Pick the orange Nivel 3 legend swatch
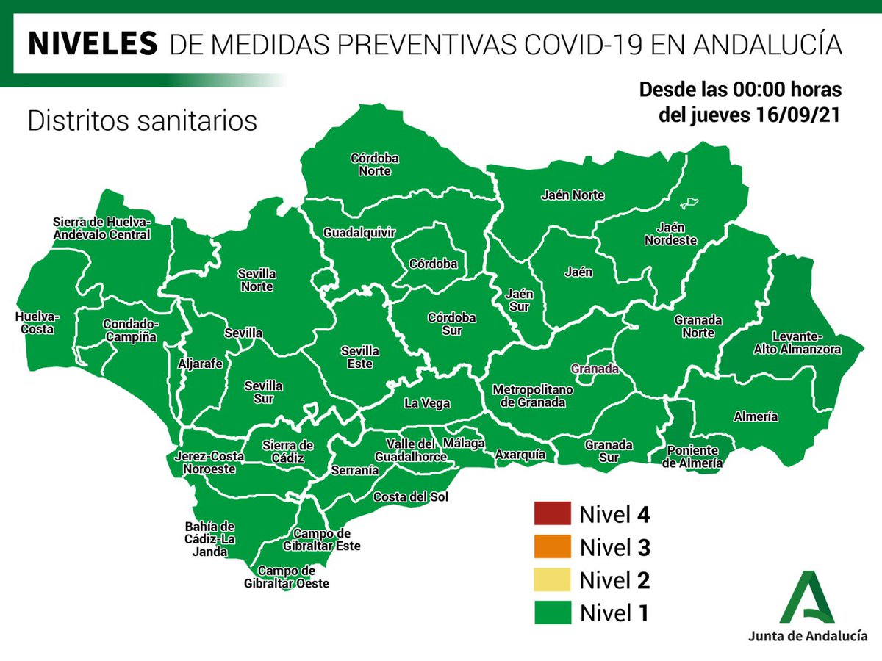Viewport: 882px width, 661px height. [552, 546]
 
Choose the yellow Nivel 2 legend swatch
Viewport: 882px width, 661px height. [552, 579]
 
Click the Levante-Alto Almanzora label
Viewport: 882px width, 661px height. [796, 343]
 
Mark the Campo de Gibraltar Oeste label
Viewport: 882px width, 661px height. [287, 577]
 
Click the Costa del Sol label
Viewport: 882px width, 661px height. [410, 497]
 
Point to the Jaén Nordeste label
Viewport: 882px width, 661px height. [670, 234]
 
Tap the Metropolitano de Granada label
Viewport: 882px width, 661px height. [528, 395]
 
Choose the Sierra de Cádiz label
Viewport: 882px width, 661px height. [288, 452]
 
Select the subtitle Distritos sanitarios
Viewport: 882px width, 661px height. [142, 120]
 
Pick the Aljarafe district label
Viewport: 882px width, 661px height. [200, 363]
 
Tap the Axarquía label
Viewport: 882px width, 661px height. [520, 455]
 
